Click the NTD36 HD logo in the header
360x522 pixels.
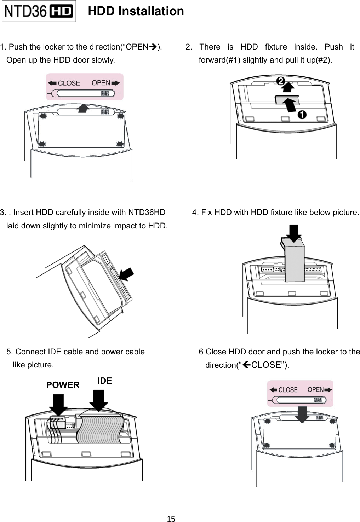39,11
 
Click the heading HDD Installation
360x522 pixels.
136,11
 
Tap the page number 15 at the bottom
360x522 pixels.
171,519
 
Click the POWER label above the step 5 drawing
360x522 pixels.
63,385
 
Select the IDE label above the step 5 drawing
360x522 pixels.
104,381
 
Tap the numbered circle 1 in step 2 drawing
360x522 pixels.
302,115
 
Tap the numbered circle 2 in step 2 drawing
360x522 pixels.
280,81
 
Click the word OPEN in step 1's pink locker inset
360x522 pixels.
101,83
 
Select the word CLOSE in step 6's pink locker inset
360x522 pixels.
288,390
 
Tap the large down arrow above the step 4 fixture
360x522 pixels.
293,233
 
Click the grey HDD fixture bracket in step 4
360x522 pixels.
295,262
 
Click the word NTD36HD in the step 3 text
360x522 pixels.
147,213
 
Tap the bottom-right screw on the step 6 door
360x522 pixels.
332,446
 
